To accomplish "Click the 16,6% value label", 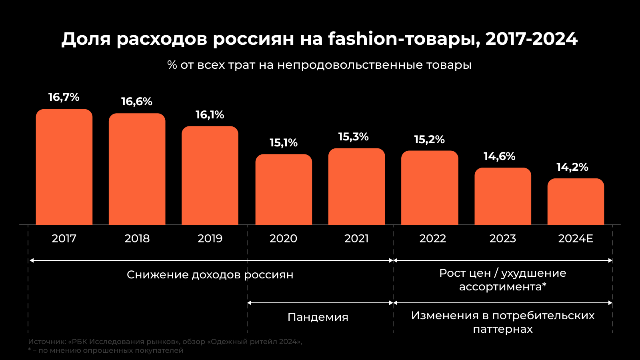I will tap(137, 102).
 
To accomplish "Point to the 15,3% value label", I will tap(354, 137).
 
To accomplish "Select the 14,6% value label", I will tap(500, 156).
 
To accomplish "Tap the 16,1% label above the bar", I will tap(210, 115).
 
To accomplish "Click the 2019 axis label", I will tap(210, 238).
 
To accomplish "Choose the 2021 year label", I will tap(356, 238).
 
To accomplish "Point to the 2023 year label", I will tap(503, 238).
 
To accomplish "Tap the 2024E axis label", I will tap(576, 238).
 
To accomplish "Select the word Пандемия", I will tap(318, 317).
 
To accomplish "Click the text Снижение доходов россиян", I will tap(210, 275).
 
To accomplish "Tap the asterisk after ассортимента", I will tap(544, 285).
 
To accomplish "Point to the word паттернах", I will tap(503, 329).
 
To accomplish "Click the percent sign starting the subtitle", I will tap(172, 65).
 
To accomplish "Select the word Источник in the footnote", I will tap(47, 342).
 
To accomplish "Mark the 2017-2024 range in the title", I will tap(532, 39).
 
